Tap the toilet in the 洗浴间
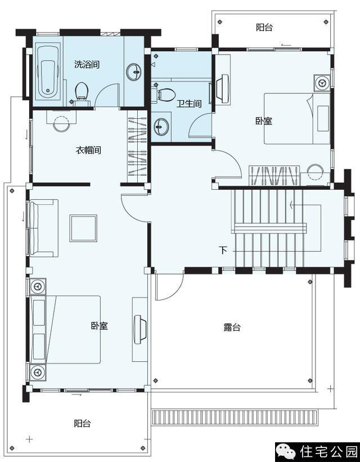pyautogui.click(x=82, y=92)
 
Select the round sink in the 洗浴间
pyautogui.click(x=134, y=71)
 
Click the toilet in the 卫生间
pyautogui.click(x=164, y=94)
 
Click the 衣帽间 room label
pyautogui.click(x=88, y=150)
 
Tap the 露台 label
pyautogui.click(x=232, y=328)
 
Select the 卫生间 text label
pyautogui.click(x=189, y=104)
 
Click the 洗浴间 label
pyautogui.click(x=87, y=64)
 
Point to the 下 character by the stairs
pyautogui.click(x=223, y=250)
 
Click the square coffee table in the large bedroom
pyautogui.click(x=83, y=228)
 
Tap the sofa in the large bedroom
pyautogui.click(x=43, y=228)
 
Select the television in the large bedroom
pyautogui.click(x=140, y=329)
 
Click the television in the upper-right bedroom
pyautogui.click(x=222, y=87)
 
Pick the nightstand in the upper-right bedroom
pyautogui.click(x=322, y=82)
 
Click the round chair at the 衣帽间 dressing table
pyautogui.click(x=61, y=123)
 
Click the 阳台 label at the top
pyautogui.click(x=264, y=28)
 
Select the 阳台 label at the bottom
pyautogui.click(x=82, y=423)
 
